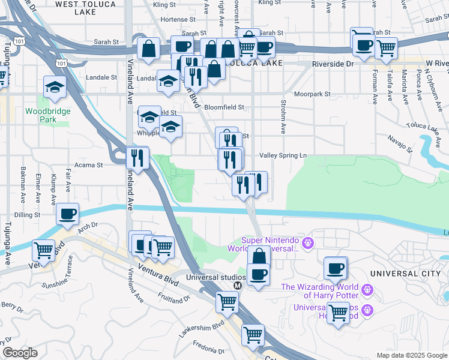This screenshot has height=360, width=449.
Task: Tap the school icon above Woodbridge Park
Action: click(55, 88)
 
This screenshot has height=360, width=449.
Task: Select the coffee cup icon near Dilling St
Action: click(68, 214)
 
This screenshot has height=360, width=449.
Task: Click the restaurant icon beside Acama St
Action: click(137, 158)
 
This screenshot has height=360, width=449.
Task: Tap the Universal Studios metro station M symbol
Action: click(237, 286)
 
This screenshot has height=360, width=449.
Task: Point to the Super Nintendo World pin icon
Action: click(309, 244)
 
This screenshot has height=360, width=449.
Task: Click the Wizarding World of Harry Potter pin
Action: click(368, 290)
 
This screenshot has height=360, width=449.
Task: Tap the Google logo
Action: click(20, 353)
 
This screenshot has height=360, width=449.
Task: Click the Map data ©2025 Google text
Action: click(411, 355)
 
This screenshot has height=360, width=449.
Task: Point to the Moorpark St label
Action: click(313, 94)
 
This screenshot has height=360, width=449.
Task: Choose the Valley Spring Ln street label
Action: click(287, 155)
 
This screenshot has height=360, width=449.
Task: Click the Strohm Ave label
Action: click(282, 117)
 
